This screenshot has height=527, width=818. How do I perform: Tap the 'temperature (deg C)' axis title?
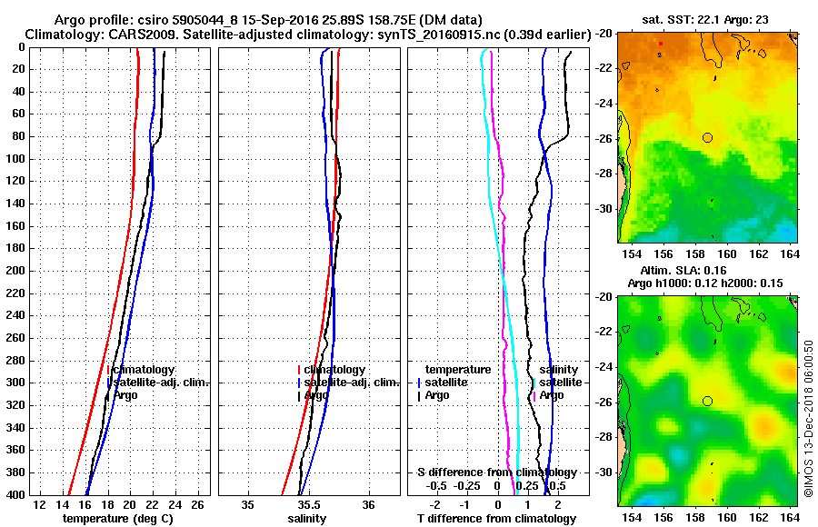click(x=117, y=518)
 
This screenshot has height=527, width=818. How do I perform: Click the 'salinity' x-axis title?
click(x=308, y=518)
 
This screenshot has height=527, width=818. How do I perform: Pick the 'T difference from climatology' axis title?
click(x=496, y=518)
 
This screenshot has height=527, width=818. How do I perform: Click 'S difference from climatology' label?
click(x=496, y=472)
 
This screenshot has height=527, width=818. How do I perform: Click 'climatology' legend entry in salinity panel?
click(x=334, y=370)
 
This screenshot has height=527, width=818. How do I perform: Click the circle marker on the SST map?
click(x=707, y=137)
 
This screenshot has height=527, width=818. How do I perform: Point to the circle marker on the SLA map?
click(x=707, y=401)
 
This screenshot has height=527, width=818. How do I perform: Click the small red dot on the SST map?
click(x=661, y=43)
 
